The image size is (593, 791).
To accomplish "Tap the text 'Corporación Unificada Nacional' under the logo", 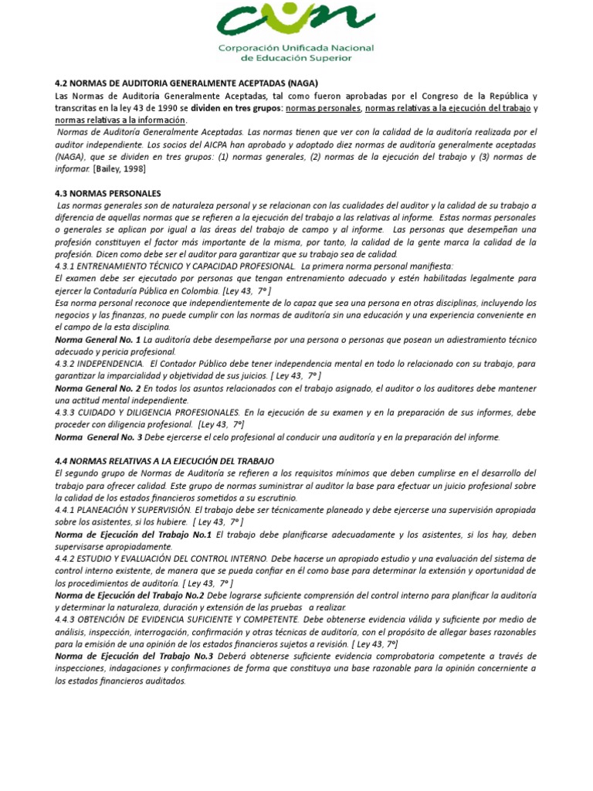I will pyautogui.click(x=307, y=48).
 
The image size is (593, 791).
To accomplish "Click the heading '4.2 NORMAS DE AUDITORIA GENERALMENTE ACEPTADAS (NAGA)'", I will pyautogui.click(x=187, y=83).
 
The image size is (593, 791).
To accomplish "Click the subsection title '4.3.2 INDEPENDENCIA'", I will pyautogui.click(x=99, y=363).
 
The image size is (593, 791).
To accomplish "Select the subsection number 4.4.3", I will pyautogui.click(x=68, y=620).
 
